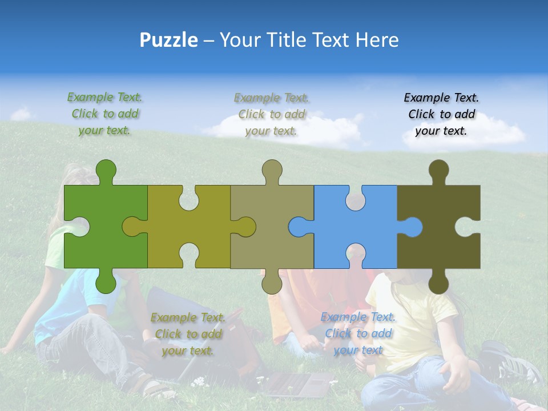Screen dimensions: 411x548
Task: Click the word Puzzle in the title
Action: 169,40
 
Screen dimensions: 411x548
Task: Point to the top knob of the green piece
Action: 106,170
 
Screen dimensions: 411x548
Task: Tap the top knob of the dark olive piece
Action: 438,170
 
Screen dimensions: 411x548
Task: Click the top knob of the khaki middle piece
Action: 272,170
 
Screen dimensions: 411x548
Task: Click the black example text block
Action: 441,114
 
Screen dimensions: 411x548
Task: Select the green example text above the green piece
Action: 105,114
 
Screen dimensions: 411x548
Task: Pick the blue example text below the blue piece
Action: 358,333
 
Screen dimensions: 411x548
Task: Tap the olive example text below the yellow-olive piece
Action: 188,334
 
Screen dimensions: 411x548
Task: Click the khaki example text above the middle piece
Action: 272,114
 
